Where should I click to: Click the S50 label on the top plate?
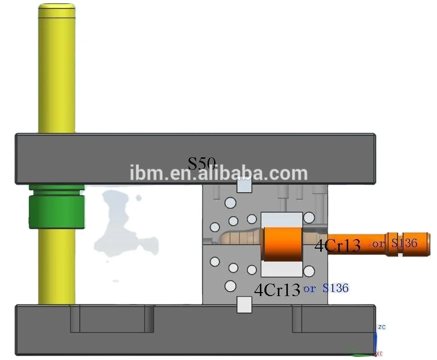(x=202, y=163)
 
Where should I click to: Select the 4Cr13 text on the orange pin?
(x=337, y=245)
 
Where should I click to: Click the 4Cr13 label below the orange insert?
(x=277, y=290)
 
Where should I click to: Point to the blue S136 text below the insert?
(x=335, y=288)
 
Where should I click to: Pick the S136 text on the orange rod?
(x=404, y=243)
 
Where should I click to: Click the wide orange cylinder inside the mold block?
(x=282, y=244)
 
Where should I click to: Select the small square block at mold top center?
(x=244, y=185)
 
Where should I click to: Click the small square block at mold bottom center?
(x=244, y=304)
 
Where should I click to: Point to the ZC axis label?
(x=382, y=327)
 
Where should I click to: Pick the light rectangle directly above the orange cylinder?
(x=282, y=220)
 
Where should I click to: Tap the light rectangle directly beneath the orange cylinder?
(x=282, y=269)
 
